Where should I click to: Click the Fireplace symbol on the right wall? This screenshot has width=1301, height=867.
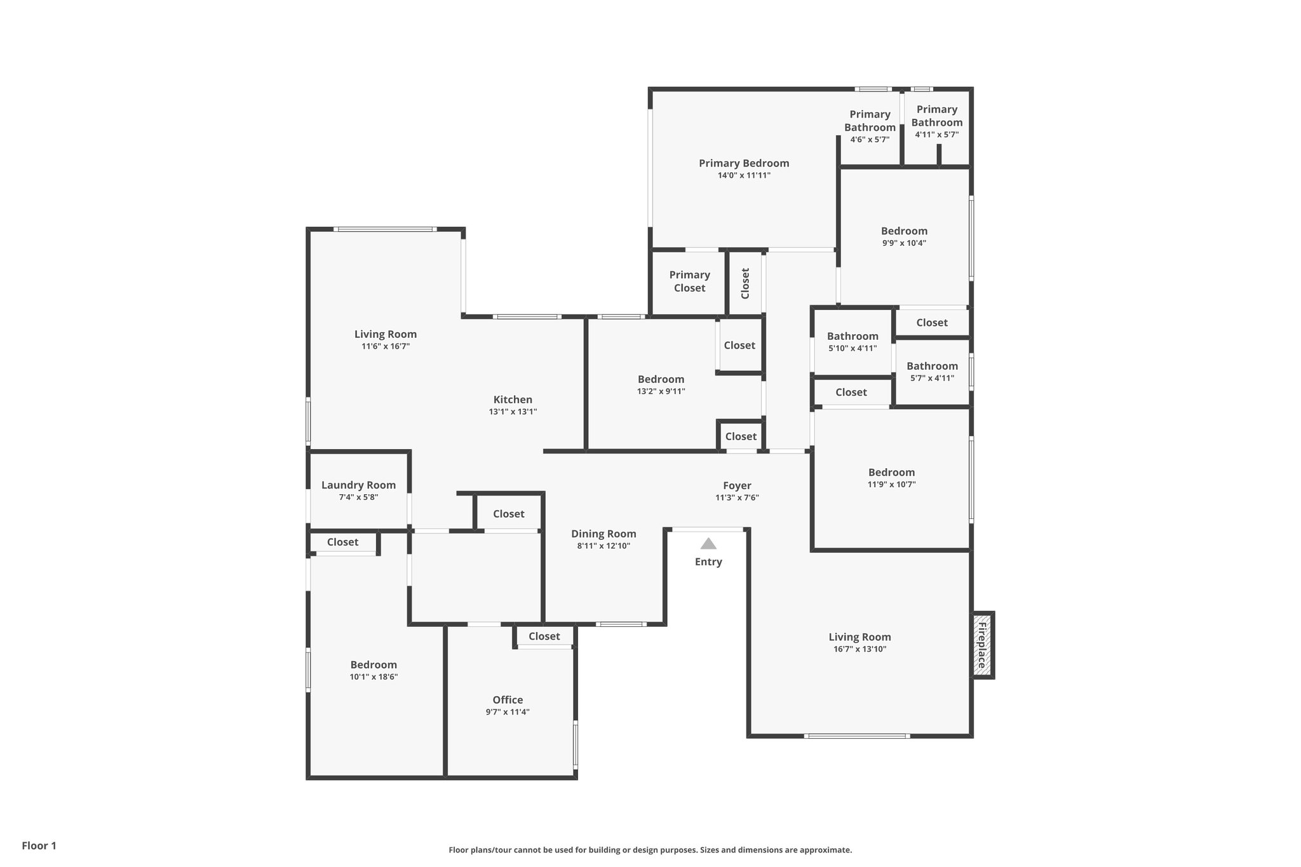[x=982, y=645]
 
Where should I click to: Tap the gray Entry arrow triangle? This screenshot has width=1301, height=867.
[x=708, y=544]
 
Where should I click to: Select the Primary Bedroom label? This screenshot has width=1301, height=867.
[x=744, y=163]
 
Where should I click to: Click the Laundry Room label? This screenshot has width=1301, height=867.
[x=358, y=485]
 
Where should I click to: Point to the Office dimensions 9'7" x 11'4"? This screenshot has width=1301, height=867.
[x=508, y=712]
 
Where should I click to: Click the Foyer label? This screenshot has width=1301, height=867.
[x=737, y=486]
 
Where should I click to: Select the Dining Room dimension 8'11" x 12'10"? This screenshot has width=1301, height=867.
[x=603, y=546]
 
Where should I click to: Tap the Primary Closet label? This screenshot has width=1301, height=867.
[x=689, y=281]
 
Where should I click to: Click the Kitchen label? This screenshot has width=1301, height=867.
[x=513, y=400]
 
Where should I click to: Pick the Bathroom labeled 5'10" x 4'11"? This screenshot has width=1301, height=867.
[x=853, y=337]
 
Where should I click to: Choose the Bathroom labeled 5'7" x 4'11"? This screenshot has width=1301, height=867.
[x=932, y=366]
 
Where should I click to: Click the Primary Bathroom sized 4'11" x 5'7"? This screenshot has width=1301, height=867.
[x=936, y=116]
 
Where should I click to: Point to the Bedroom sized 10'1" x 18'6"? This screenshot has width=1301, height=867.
[x=374, y=665]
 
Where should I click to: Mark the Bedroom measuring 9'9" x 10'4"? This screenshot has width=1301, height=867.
[x=904, y=231]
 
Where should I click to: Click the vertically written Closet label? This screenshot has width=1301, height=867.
[x=745, y=283]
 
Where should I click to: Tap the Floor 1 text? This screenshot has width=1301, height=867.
[x=39, y=845]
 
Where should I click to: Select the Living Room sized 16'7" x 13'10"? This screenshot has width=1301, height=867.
[x=859, y=637]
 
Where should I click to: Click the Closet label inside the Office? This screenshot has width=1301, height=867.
[x=544, y=636]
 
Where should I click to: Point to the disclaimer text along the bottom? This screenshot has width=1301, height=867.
[x=650, y=850]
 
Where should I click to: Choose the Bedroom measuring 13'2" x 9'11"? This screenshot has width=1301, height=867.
[x=661, y=380]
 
